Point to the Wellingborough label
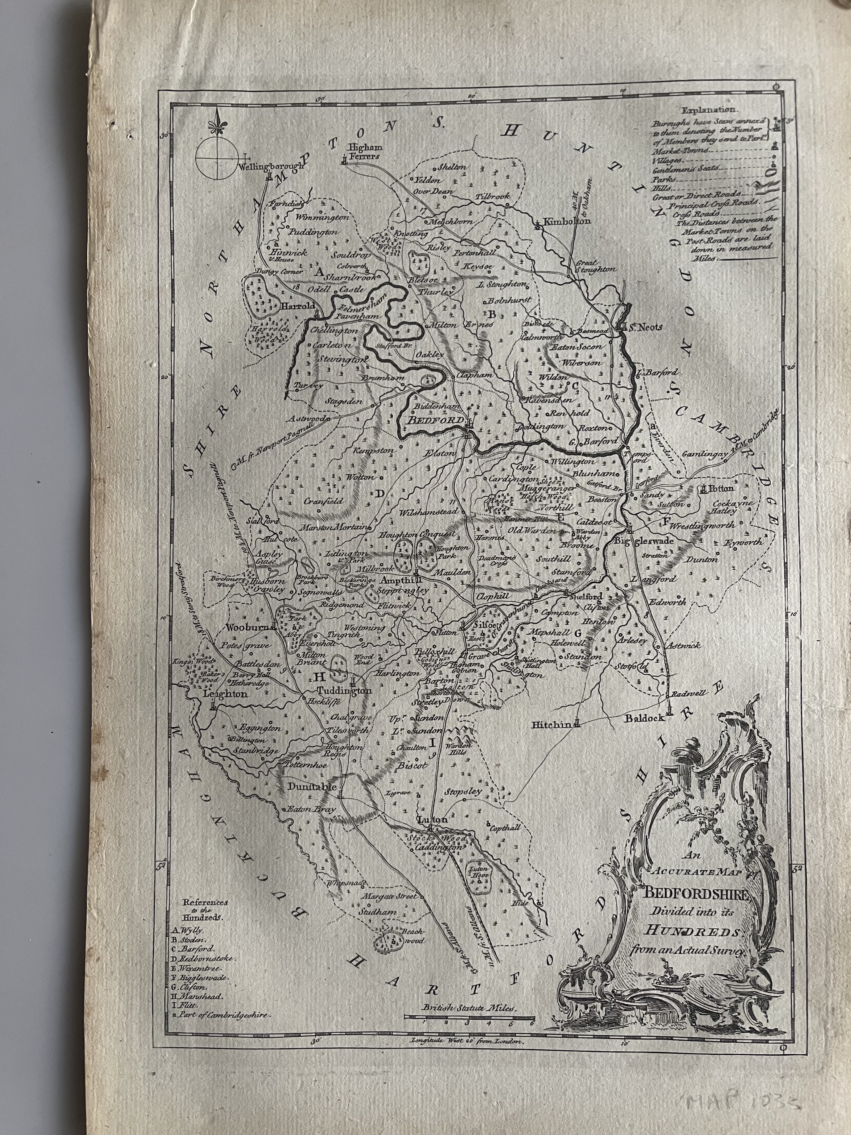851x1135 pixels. click(x=270, y=166)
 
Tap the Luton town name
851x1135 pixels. click(x=433, y=819)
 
